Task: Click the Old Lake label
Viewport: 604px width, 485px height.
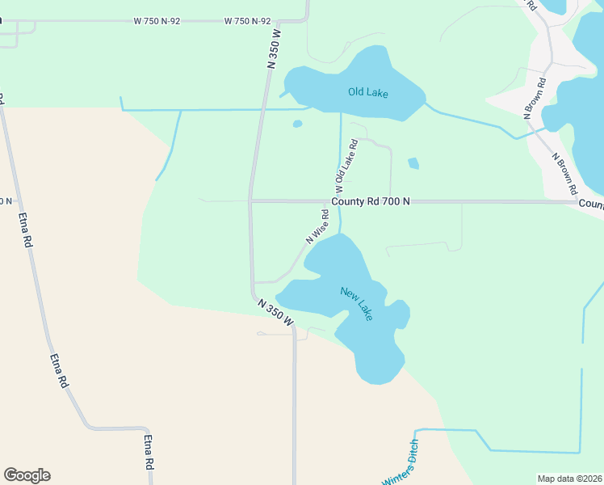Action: click(367, 93)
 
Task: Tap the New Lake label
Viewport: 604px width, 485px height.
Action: click(356, 304)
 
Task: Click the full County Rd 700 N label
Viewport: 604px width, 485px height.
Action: click(370, 201)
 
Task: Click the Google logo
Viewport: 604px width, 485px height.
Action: click(27, 475)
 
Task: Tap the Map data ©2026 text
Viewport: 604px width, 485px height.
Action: click(569, 479)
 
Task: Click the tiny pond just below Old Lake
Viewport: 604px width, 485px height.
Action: click(297, 124)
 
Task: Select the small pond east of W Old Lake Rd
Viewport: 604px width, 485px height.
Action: click(413, 163)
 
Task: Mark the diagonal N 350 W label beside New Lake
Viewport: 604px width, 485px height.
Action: click(275, 313)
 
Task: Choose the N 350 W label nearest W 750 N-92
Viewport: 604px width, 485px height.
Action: click(273, 49)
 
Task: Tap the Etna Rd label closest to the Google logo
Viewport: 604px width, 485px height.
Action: click(149, 453)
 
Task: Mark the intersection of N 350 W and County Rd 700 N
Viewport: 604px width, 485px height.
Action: click(250, 200)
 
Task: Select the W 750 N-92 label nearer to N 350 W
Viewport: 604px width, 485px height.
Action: click(247, 21)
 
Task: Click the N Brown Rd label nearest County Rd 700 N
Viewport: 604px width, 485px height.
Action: click(564, 173)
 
